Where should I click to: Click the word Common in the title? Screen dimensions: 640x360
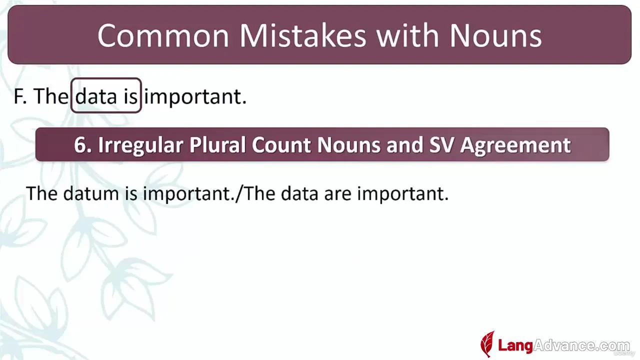click(163, 35)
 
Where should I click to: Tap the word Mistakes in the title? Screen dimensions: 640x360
click(302, 35)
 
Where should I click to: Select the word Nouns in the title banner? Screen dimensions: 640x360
click(495, 35)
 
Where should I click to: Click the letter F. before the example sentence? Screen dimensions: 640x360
click(20, 96)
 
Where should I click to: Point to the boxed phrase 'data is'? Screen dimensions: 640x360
click(106, 95)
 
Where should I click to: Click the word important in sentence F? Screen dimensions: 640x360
click(195, 97)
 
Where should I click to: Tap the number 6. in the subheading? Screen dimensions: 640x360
click(82, 145)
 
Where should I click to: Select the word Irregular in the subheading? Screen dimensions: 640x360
click(140, 145)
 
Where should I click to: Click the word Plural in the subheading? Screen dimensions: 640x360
click(217, 145)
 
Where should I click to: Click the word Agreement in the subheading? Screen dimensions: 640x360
click(515, 145)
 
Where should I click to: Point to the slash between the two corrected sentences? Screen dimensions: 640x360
click(239, 193)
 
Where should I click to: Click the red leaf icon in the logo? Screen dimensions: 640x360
click(487, 344)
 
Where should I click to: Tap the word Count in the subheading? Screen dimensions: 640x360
click(281, 145)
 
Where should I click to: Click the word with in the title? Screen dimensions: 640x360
click(407, 35)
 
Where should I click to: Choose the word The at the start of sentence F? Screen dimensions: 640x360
click(51, 96)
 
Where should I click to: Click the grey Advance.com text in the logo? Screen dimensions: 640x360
click(581, 345)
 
